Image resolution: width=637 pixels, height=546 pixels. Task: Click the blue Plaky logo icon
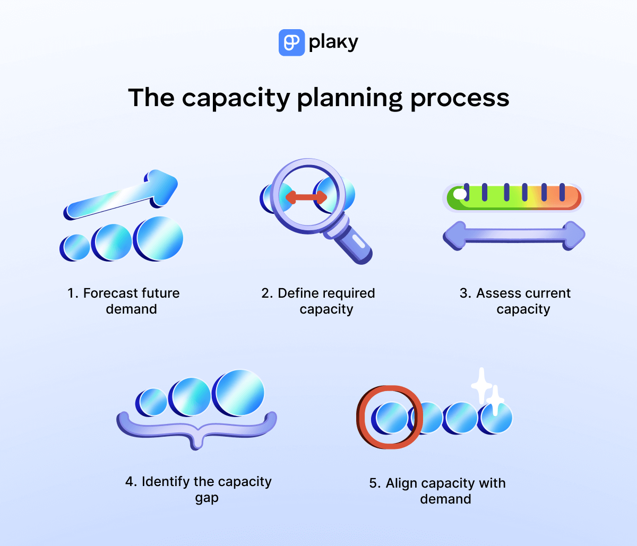click(291, 42)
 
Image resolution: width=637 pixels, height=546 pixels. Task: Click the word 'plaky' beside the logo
click(333, 42)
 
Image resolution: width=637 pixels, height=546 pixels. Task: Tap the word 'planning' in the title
click(349, 99)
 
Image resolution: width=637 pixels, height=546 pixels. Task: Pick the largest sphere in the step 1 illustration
click(158, 238)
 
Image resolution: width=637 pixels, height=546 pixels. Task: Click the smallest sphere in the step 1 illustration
click(75, 247)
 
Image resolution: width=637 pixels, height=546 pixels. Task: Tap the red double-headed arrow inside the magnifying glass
click(306, 197)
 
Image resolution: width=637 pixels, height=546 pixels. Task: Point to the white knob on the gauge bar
click(460, 195)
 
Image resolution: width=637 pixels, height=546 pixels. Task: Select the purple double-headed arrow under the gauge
click(514, 235)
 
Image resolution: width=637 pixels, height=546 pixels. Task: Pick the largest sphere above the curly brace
click(238, 393)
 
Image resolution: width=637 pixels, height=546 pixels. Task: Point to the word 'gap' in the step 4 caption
click(206, 498)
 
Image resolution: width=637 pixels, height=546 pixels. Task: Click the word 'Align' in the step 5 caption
click(401, 483)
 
